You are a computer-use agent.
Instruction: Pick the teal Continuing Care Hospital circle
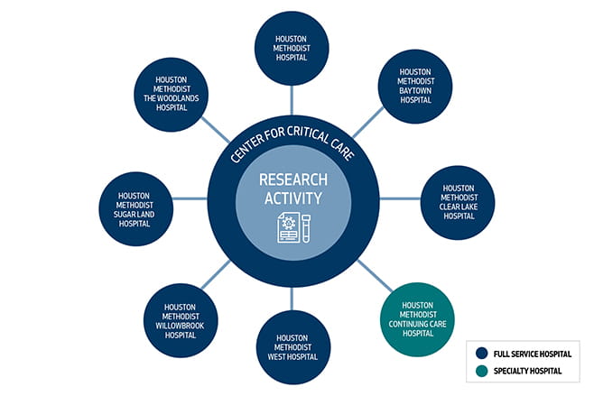(x=417, y=318)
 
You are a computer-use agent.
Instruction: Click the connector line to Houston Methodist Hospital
(x=291, y=97)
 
